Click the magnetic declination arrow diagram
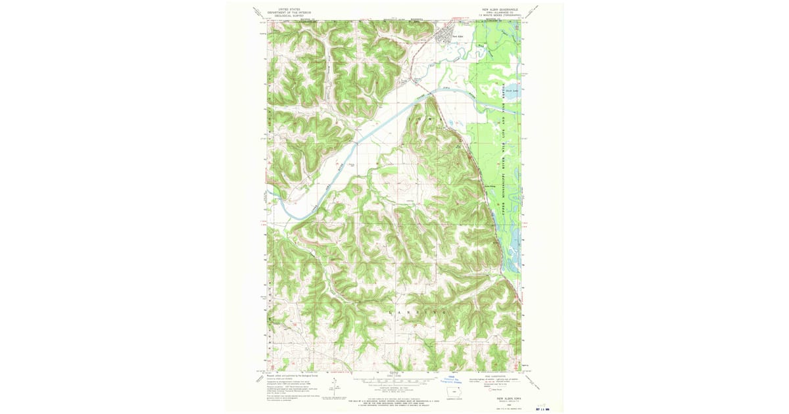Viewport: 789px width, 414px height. click(335, 384)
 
